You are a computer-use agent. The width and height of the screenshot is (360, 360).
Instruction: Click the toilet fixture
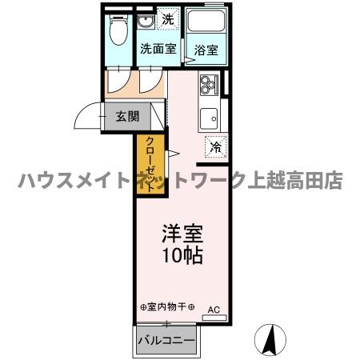(118, 33)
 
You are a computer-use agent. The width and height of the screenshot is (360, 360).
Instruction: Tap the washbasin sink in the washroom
(146, 22)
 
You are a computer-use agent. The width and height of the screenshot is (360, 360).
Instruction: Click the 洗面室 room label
(158, 48)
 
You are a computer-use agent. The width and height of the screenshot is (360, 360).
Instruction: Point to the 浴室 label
(206, 50)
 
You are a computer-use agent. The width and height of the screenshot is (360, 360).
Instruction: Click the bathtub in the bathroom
(206, 26)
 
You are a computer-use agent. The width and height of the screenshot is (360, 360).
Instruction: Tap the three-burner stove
(208, 83)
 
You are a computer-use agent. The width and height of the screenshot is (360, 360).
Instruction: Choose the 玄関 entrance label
(127, 116)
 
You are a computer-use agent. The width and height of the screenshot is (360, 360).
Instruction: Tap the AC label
(214, 308)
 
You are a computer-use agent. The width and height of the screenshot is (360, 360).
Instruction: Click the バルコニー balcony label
(166, 340)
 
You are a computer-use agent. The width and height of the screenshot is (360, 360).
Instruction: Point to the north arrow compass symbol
(271, 340)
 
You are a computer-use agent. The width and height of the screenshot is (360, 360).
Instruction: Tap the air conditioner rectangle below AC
(214, 318)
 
